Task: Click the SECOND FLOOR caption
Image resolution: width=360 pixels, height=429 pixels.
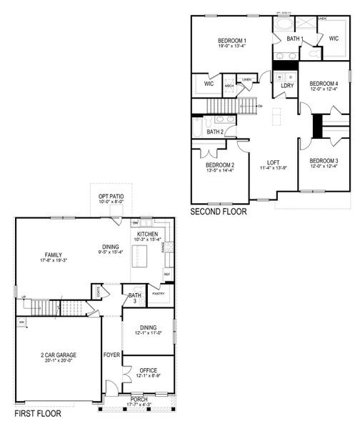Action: point(219,212)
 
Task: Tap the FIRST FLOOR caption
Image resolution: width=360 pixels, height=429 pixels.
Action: point(38,413)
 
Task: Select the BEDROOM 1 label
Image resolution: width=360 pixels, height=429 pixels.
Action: point(232,41)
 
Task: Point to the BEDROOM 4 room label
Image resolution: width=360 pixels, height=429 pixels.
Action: point(324,83)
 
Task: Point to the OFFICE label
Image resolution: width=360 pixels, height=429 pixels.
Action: point(148,370)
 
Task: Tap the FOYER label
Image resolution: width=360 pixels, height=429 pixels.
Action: point(112,355)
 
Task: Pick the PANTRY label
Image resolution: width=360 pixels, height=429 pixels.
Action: point(159,292)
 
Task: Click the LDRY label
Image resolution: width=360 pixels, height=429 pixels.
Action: point(287,86)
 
